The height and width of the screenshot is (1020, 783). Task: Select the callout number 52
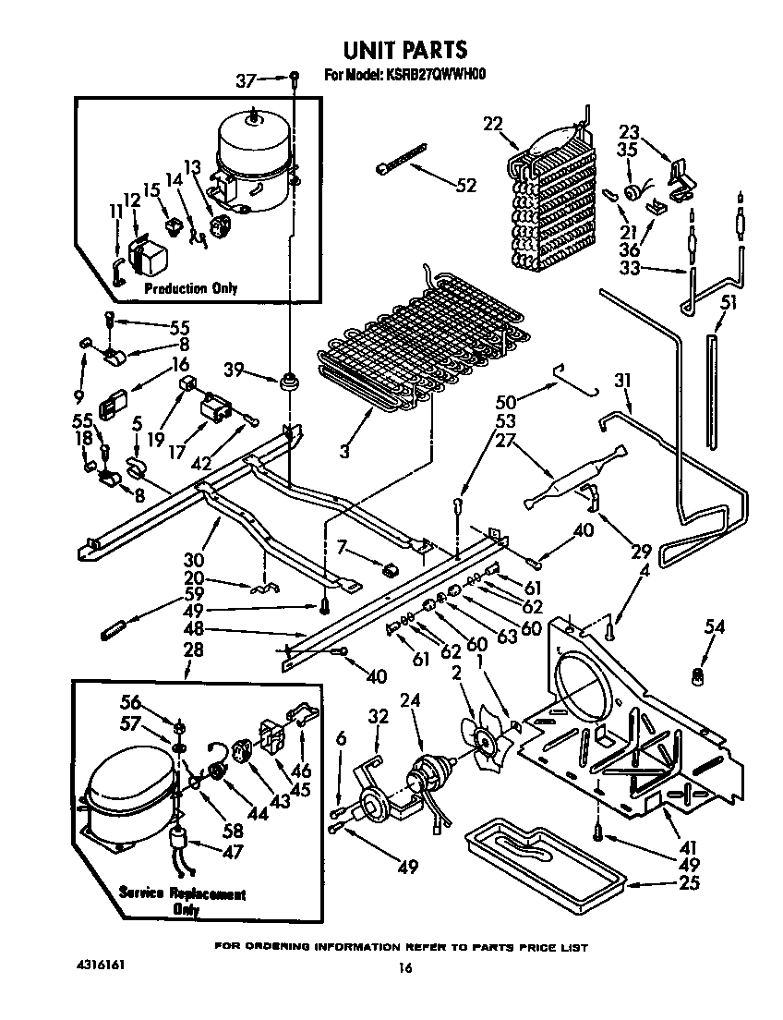466,186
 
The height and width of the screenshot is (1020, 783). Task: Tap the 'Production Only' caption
190,288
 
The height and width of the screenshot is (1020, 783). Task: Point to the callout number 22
492,124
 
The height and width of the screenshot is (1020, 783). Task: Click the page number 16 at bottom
404,968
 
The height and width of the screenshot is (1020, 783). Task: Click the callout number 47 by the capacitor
233,852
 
